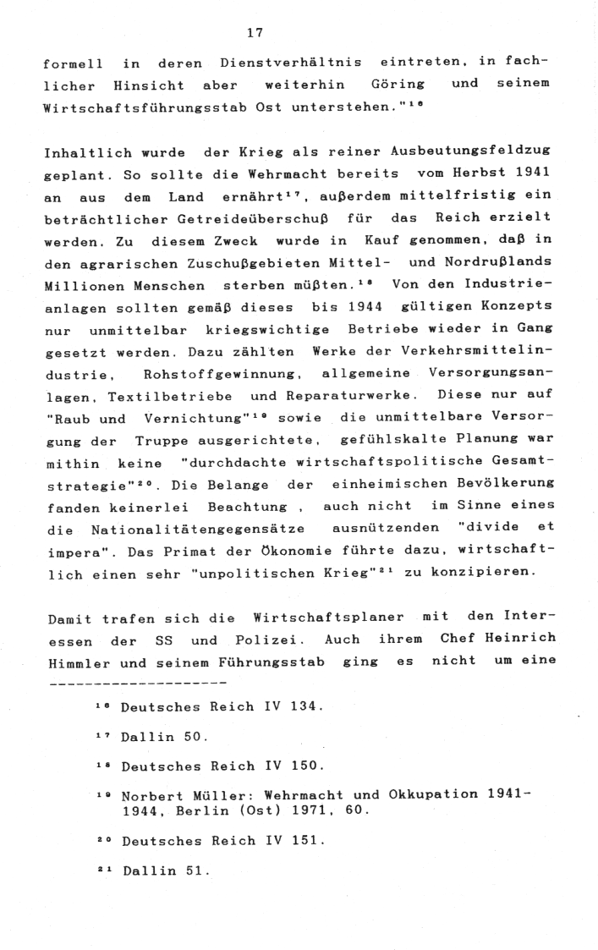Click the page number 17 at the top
point(255,34)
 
